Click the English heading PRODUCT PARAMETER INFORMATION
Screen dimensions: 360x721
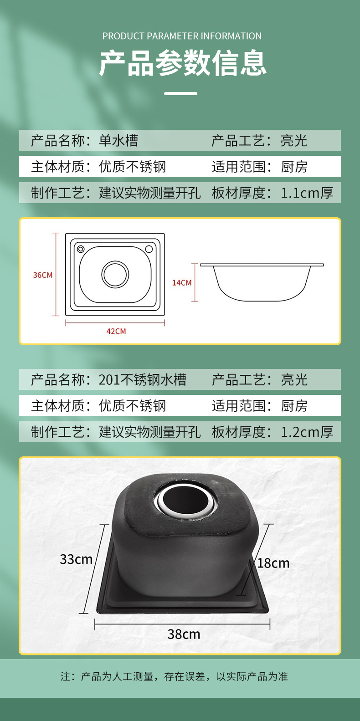[x=182, y=36]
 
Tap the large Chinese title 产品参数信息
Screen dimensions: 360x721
[x=183, y=63]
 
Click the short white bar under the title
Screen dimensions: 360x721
[x=180, y=94]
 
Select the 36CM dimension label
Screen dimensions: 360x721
[x=42, y=275]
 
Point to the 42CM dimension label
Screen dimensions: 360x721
[x=116, y=331]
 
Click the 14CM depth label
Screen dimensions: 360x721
[x=182, y=282]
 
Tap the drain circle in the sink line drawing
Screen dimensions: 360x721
[x=115, y=275]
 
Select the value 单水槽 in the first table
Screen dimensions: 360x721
[x=118, y=141]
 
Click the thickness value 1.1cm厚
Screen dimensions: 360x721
[x=307, y=193]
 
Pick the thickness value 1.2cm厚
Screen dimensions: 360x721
[x=307, y=432]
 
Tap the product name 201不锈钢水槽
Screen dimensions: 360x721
[x=142, y=380]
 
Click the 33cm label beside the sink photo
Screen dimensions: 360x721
[x=76, y=559]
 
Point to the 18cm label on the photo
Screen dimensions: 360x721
[x=273, y=563]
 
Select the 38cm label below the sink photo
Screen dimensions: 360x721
[x=184, y=634]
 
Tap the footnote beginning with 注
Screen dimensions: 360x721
[x=174, y=676]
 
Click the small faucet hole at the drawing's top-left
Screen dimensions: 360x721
[x=81, y=249]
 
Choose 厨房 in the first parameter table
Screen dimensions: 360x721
[x=294, y=167]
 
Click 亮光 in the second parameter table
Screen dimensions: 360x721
[x=294, y=380]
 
